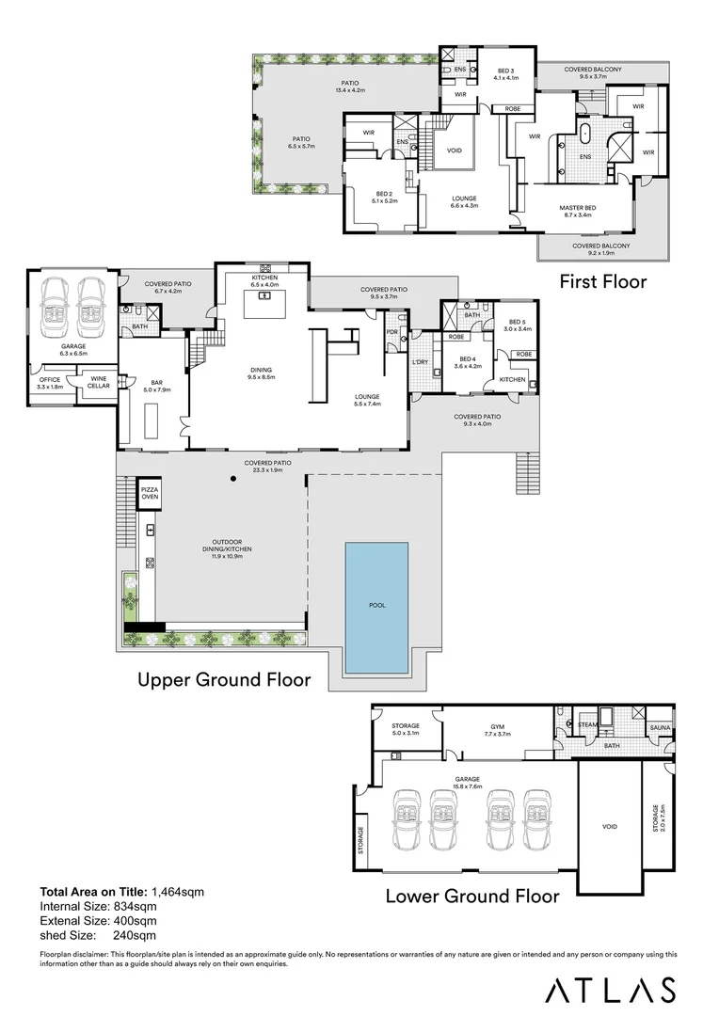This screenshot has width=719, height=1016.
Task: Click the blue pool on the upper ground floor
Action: [x=376, y=607]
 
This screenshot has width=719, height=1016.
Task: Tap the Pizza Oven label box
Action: [x=150, y=493]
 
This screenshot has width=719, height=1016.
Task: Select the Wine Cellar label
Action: [x=99, y=382]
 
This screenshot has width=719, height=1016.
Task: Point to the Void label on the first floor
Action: [x=455, y=151]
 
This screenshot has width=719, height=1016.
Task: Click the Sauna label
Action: [x=660, y=727]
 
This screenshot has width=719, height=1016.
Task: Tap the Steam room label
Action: [x=587, y=725]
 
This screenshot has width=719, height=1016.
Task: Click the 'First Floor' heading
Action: [x=603, y=281]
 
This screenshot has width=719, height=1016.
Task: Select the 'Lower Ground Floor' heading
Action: [x=472, y=897]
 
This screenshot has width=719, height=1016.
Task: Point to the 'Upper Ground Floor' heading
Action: [x=224, y=680]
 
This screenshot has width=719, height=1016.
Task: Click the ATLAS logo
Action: [x=610, y=990]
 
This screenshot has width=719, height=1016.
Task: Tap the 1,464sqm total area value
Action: [x=178, y=892]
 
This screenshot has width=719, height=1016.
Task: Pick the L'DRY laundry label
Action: [x=420, y=362]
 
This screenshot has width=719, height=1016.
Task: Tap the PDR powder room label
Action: [x=391, y=332]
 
